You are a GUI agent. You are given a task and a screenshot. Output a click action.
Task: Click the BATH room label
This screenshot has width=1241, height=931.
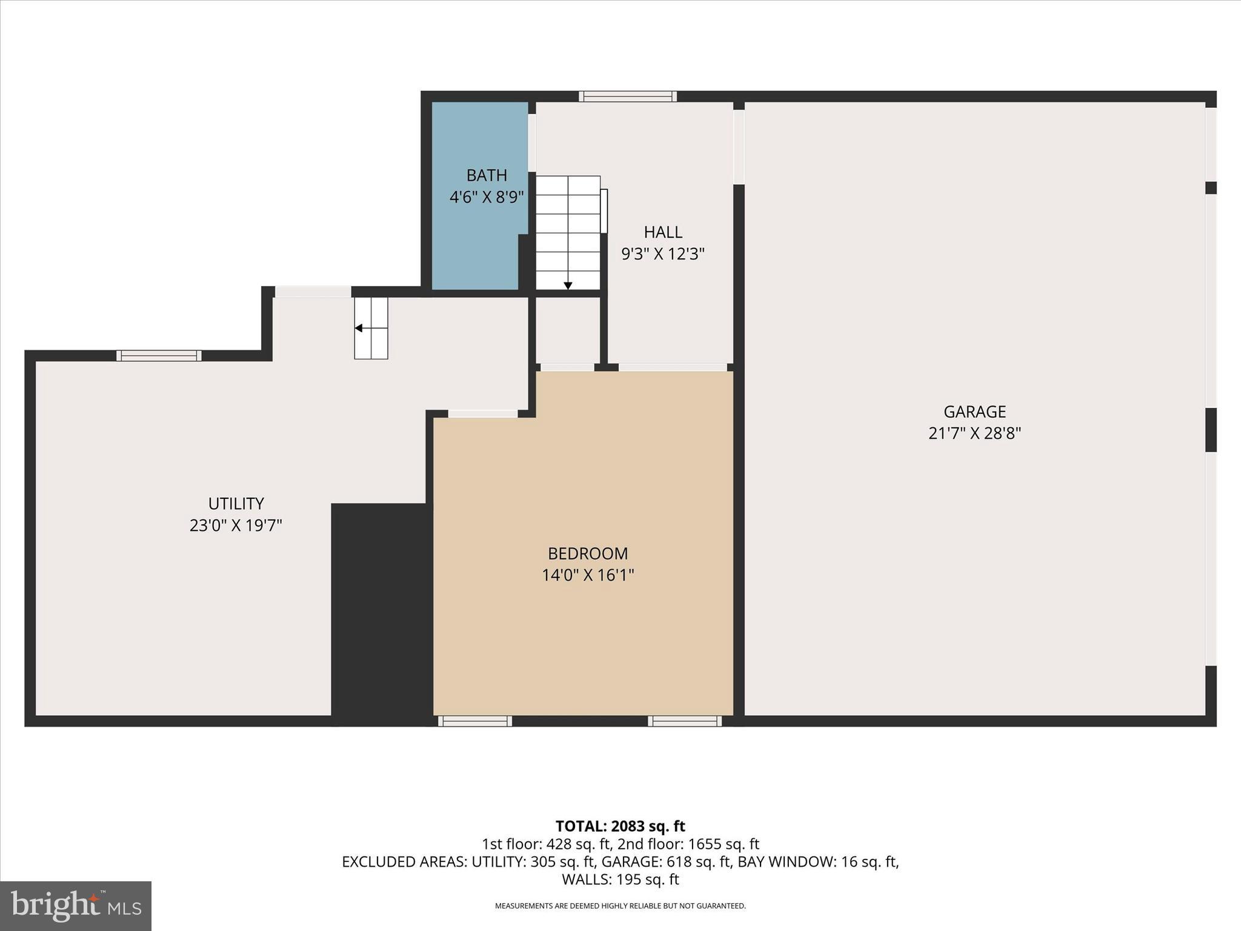pyautogui.click(x=487, y=175)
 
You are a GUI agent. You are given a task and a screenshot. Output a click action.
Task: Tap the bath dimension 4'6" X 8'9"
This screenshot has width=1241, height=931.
pyautogui.click(x=487, y=197)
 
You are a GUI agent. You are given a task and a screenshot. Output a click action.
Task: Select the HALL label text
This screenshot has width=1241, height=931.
pyautogui.click(x=663, y=232)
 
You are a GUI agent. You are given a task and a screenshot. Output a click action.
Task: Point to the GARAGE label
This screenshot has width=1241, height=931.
pyautogui.click(x=974, y=412)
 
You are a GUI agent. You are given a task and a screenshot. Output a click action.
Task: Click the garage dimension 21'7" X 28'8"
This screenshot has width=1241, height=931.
pyautogui.click(x=974, y=433)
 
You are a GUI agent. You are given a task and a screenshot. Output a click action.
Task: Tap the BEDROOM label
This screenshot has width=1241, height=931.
pyautogui.click(x=588, y=553)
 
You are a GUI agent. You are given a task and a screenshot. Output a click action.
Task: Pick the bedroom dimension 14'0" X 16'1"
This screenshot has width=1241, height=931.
pyautogui.click(x=588, y=575)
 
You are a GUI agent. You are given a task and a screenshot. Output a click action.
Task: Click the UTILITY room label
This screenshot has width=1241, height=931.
pyautogui.click(x=236, y=504)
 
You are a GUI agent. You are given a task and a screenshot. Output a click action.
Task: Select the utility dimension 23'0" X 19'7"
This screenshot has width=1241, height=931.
pyautogui.click(x=236, y=526)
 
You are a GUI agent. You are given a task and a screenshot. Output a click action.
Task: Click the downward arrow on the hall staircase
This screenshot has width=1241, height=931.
pyautogui.click(x=568, y=285)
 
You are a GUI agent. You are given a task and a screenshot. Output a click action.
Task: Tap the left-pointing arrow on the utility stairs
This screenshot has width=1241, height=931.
pyautogui.click(x=359, y=328)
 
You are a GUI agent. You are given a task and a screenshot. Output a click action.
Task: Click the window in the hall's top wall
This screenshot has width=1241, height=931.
pyautogui.click(x=627, y=96)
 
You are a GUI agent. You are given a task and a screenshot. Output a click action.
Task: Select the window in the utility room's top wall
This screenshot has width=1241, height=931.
pyautogui.click(x=159, y=356)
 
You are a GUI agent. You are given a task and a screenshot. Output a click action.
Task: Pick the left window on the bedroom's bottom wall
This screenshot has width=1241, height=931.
pyautogui.click(x=474, y=721)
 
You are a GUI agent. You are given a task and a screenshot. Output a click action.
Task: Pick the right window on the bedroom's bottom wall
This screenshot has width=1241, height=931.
pyautogui.click(x=685, y=721)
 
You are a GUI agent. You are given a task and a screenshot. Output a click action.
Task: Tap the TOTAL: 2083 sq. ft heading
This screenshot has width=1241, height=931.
pyautogui.click(x=620, y=826)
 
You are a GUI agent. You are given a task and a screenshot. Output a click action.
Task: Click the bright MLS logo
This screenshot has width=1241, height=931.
pyautogui.click(x=76, y=906)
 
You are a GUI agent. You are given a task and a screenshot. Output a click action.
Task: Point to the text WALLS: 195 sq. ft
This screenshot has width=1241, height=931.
pyautogui.click(x=620, y=879)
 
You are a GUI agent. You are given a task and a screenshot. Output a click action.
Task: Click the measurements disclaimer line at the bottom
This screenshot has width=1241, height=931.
pyautogui.click(x=620, y=906)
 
